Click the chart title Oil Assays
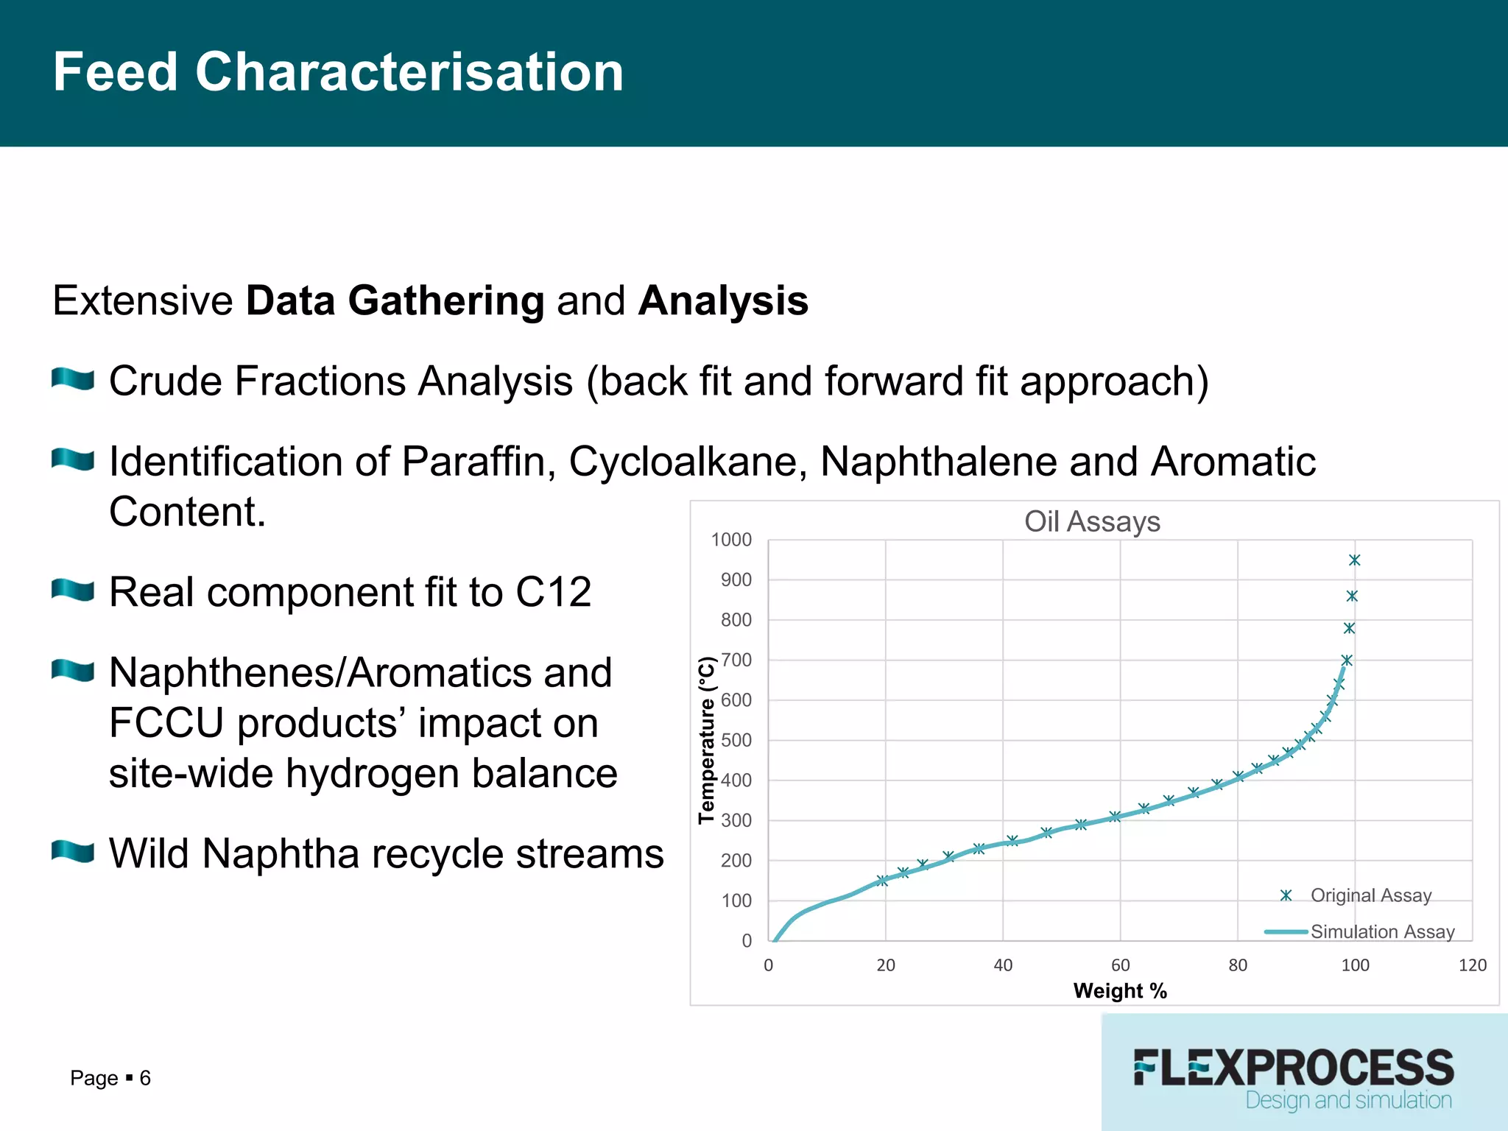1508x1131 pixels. [x=1092, y=521]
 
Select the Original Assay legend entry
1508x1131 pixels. [x=1370, y=895]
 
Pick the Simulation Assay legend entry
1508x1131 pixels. [x=1381, y=931]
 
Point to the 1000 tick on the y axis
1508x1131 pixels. [x=731, y=540]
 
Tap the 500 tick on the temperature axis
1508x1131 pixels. [x=736, y=740]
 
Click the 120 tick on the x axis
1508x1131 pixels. [x=1473, y=965]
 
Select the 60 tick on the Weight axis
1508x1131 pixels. [x=1120, y=965]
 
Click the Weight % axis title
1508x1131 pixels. [x=1120, y=991]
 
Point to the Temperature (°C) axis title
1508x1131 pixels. [x=707, y=739]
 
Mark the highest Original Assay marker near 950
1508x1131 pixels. [x=1355, y=560]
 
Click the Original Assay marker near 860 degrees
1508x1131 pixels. [x=1352, y=596]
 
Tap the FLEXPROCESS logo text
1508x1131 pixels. [x=1294, y=1068]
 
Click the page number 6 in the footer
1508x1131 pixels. [x=145, y=1078]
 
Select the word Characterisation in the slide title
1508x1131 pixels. [x=409, y=72]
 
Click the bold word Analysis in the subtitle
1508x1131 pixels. [x=723, y=300]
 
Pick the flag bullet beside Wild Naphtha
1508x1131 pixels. [x=73, y=852]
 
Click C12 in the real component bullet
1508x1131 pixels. [x=553, y=592]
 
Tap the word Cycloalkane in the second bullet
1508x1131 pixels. [x=688, y=462]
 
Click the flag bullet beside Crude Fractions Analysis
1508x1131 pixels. [x=73, y=379]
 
